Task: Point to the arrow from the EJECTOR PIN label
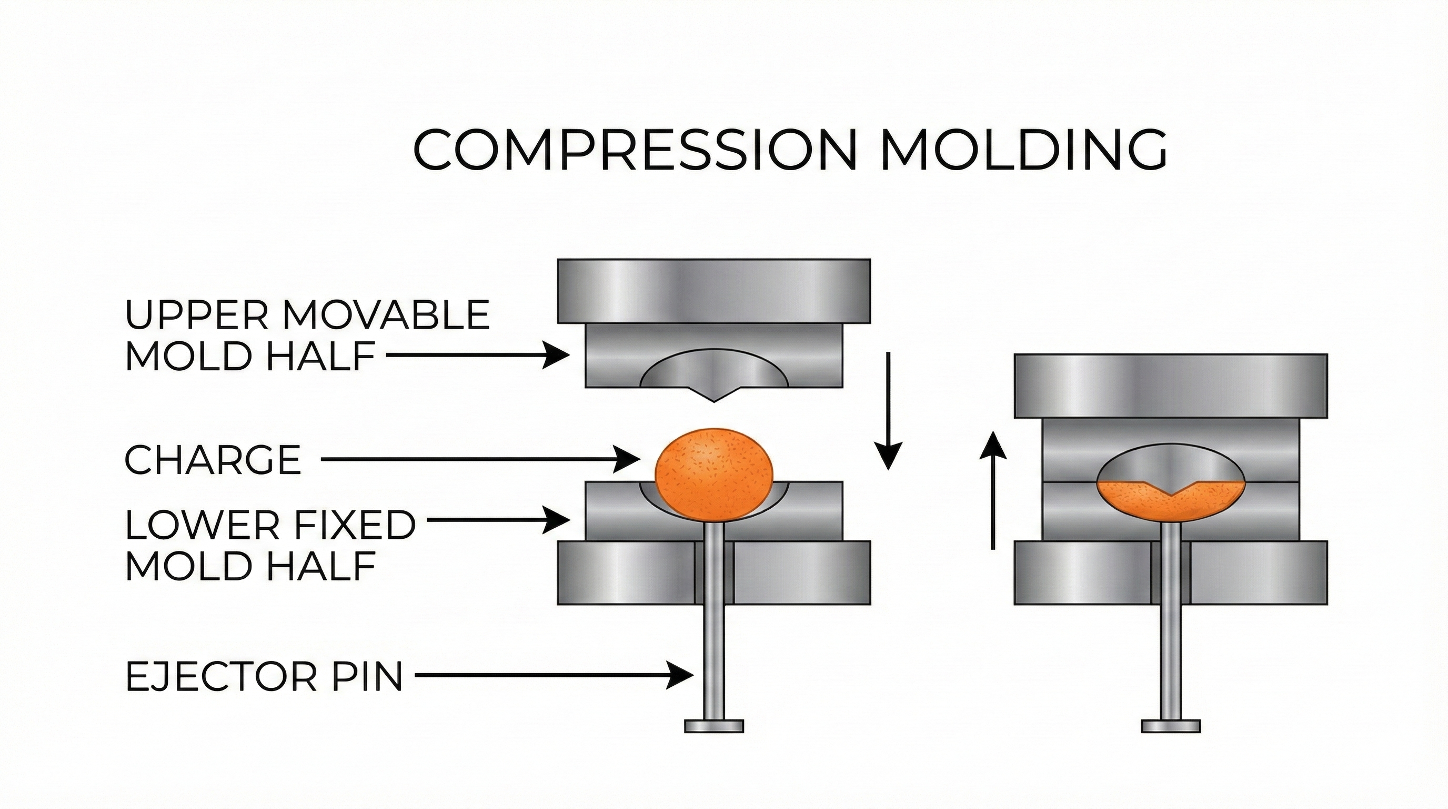click(x=553, y=675)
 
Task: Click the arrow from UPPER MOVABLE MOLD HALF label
click(x=478, y=355)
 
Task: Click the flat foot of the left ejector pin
click(x=714, y=726)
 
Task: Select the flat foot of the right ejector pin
click(x=1171, y=726)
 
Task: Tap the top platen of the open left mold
click(x=714, y=291)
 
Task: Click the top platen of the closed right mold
click(x=1171, y=386)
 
